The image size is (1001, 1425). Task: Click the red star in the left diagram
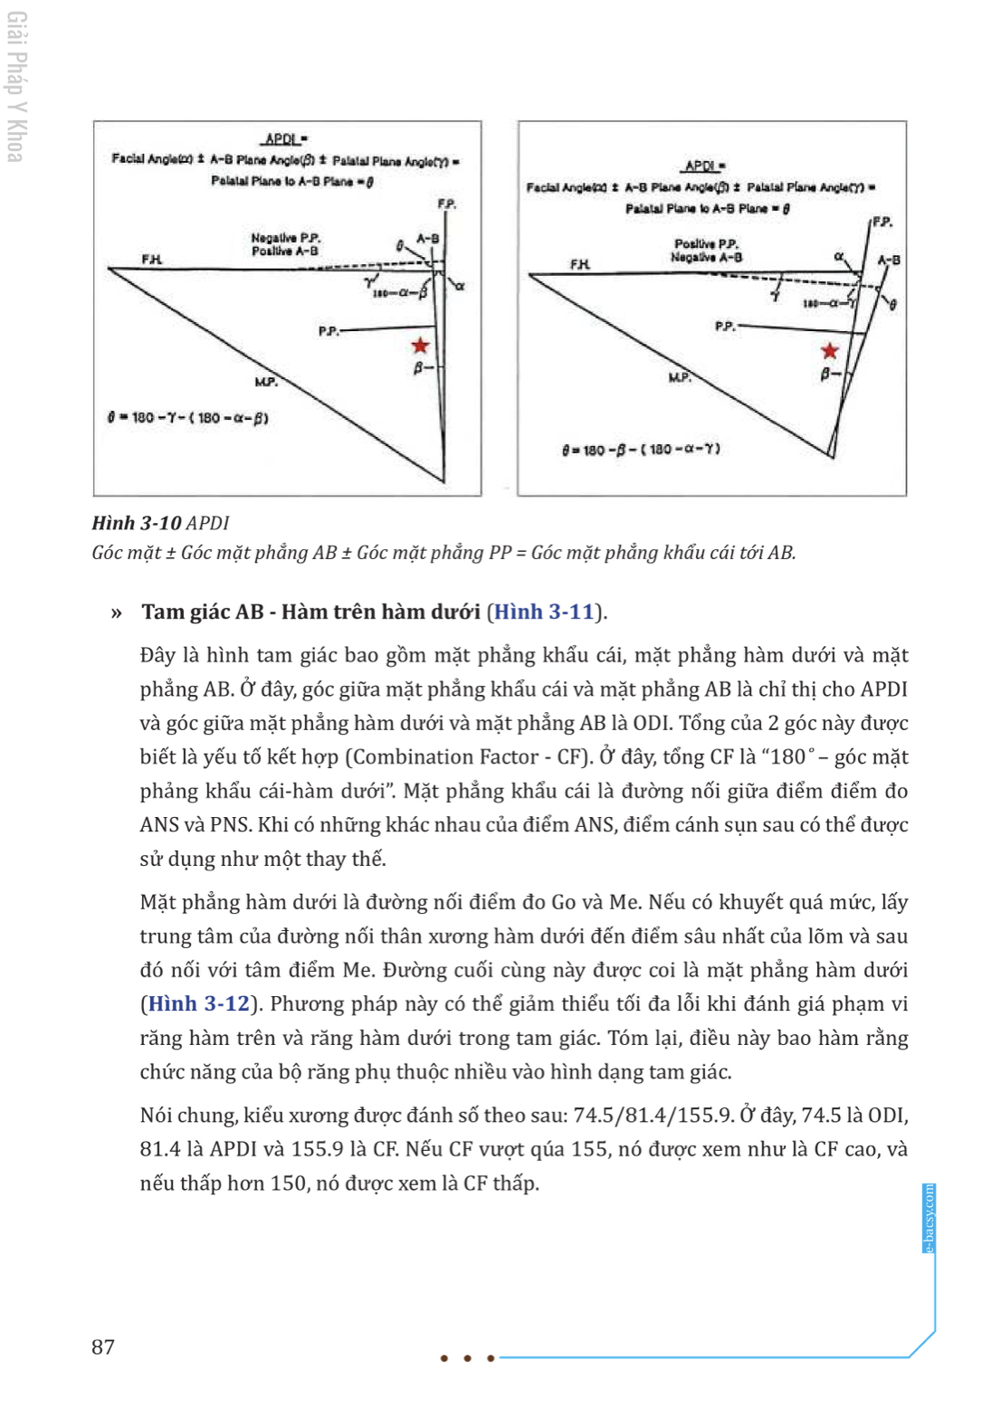[x=420, y=346]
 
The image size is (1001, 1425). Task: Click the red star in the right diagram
[x=829, y=351]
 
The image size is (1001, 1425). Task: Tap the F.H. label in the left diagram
[x=151, y=260]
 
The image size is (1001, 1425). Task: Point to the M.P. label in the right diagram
[x=680, y=376]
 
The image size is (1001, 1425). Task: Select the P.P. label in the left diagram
[x=329, y=331]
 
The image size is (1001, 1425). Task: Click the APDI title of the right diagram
[x=703, y=166]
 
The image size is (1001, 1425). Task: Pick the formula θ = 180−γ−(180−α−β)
[x=188, y=418]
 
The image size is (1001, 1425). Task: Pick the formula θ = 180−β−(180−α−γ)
[x=641, y=449]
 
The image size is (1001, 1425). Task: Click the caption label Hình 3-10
[x=137, y=523]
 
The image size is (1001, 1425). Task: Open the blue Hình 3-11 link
[x=544, y=612]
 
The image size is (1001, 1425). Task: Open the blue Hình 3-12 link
[x=198, y=1003]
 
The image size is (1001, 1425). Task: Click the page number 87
[x=103, y=1347]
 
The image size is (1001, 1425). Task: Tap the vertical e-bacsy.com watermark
[x=929, y=1218]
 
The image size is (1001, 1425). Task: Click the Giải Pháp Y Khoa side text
[x=16, y=87]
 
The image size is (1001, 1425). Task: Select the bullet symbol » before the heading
[x=116, y=613]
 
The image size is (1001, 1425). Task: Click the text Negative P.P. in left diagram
[x=285, y=238]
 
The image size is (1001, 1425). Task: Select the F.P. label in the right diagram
[x=882, y=222]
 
